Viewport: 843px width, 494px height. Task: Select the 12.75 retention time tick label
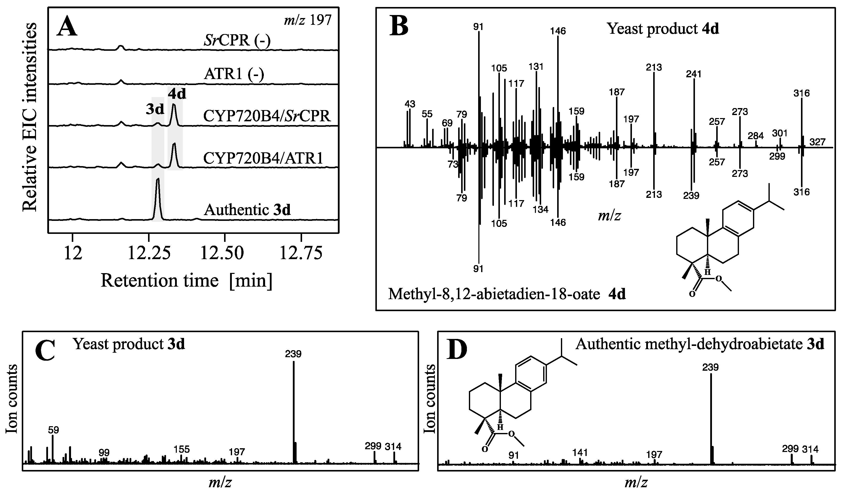click(301, 253)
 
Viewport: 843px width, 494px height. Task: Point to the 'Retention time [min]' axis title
click(186, 280)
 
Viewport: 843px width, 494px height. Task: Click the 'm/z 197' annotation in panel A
click(307, 20)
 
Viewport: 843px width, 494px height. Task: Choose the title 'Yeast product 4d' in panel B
click(663, 29)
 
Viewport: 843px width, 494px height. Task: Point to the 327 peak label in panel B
click(817, 142)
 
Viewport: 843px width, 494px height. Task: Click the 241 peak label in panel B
click(693, 74)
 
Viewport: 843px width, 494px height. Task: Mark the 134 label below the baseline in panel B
click(541, 210)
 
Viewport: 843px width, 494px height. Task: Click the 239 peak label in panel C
click(293, 354)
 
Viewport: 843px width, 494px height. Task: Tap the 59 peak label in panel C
click(54, 430)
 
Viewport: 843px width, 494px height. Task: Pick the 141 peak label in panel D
click(580, 452)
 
